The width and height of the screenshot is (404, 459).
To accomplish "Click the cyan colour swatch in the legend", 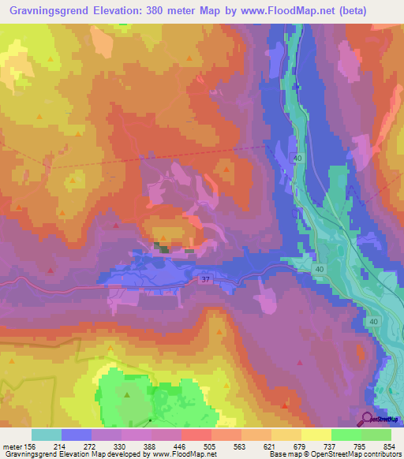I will [47, 435].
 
